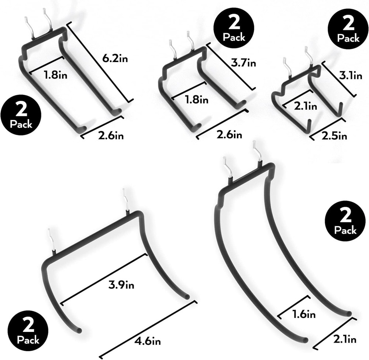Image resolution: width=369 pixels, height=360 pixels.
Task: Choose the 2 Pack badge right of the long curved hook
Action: click(345, 221)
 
